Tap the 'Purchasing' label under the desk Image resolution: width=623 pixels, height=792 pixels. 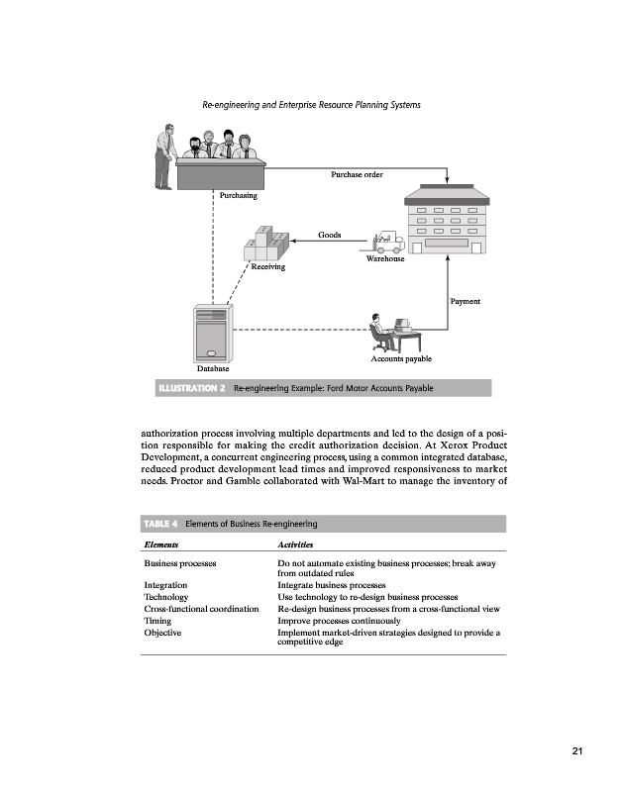tap(239, 195)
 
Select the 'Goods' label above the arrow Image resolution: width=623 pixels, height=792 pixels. tap(330, 236)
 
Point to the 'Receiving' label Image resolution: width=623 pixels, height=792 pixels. tap(267, 267)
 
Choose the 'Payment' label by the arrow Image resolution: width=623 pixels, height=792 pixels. tap(466, 300)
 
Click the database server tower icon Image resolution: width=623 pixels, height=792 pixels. tap(214, 333)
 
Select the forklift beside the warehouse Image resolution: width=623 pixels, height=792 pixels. tap(383, 241)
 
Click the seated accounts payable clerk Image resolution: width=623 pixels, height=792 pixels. tap(379, 331)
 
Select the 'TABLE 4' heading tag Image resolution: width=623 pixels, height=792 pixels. tap(160, 524)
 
